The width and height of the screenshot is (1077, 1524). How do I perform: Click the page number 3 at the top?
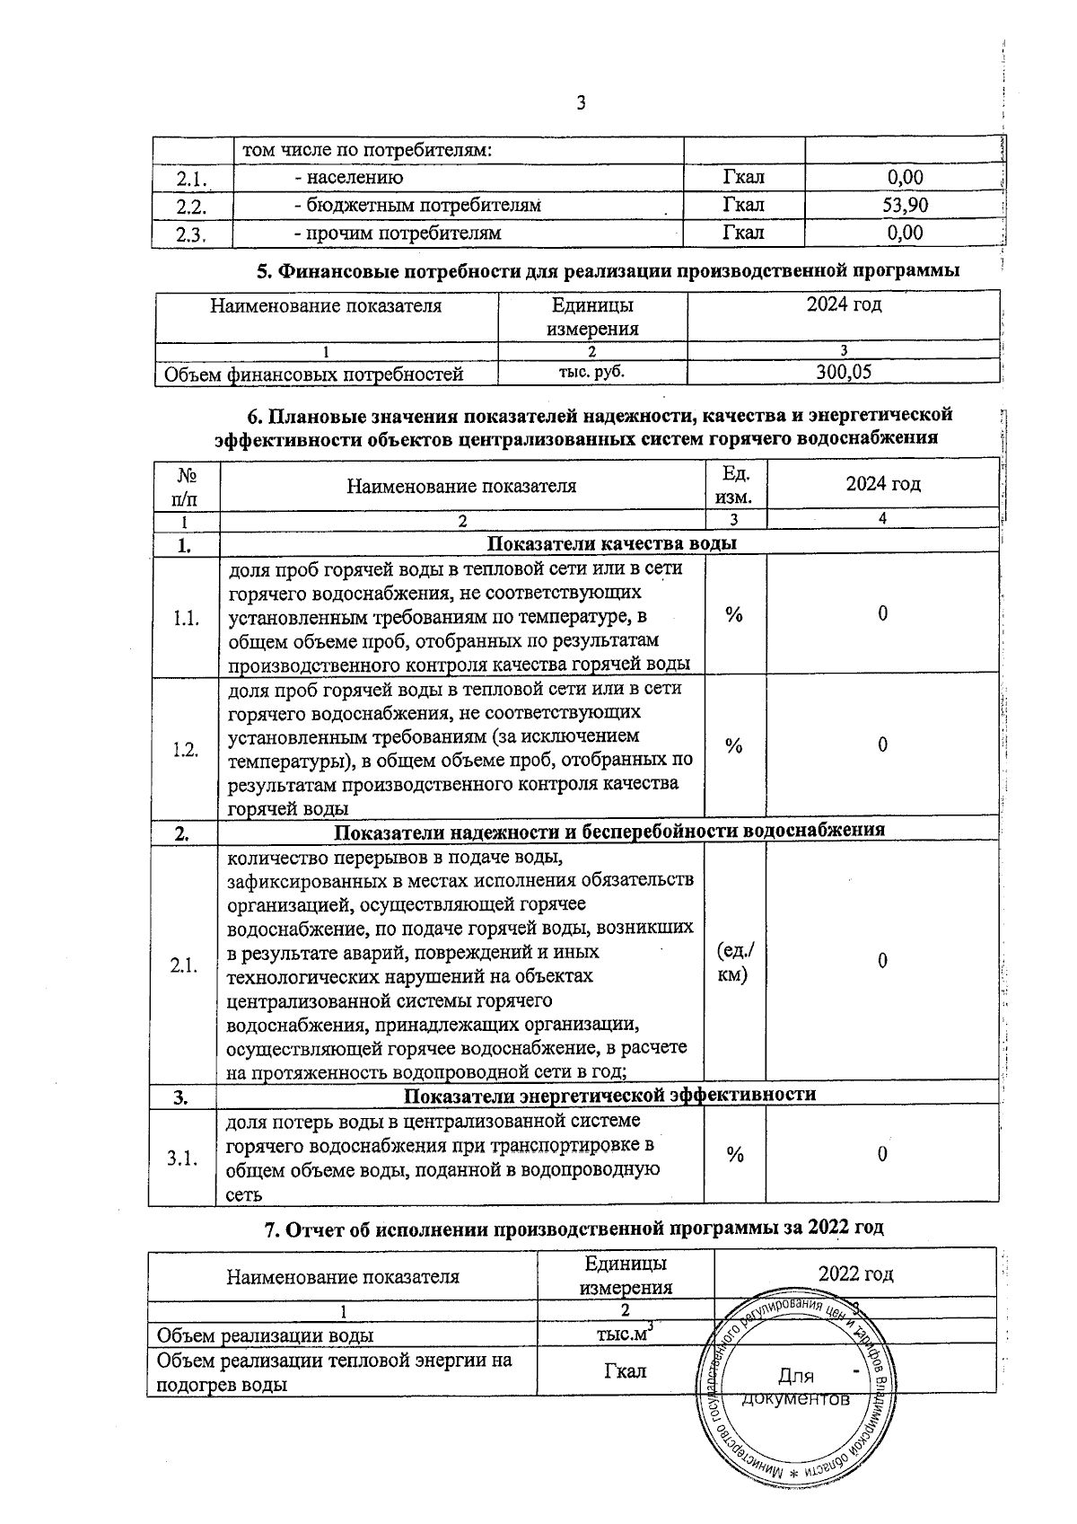tap(580, 103)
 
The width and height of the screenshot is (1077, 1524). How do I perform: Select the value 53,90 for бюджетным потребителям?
tap(904, 206)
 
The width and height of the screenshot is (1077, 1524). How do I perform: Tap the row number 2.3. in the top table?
tap(191, 235)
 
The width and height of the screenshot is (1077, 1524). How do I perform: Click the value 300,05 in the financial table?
tap(844, 372)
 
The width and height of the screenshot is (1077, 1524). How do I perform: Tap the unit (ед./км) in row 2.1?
tap(735, 962)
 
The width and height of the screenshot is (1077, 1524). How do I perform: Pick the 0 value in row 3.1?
tap(882, 1155)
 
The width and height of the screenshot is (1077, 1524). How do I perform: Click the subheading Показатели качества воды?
tap(611, 543)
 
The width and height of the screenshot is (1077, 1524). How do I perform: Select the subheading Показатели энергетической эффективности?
tap(609, 1095)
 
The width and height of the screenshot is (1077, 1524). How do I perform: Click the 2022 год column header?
tap(855, 1274)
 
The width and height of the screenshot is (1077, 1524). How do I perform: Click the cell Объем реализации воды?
tap(267, 1335)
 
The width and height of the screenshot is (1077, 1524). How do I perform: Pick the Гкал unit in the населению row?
tap(743, 178)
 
